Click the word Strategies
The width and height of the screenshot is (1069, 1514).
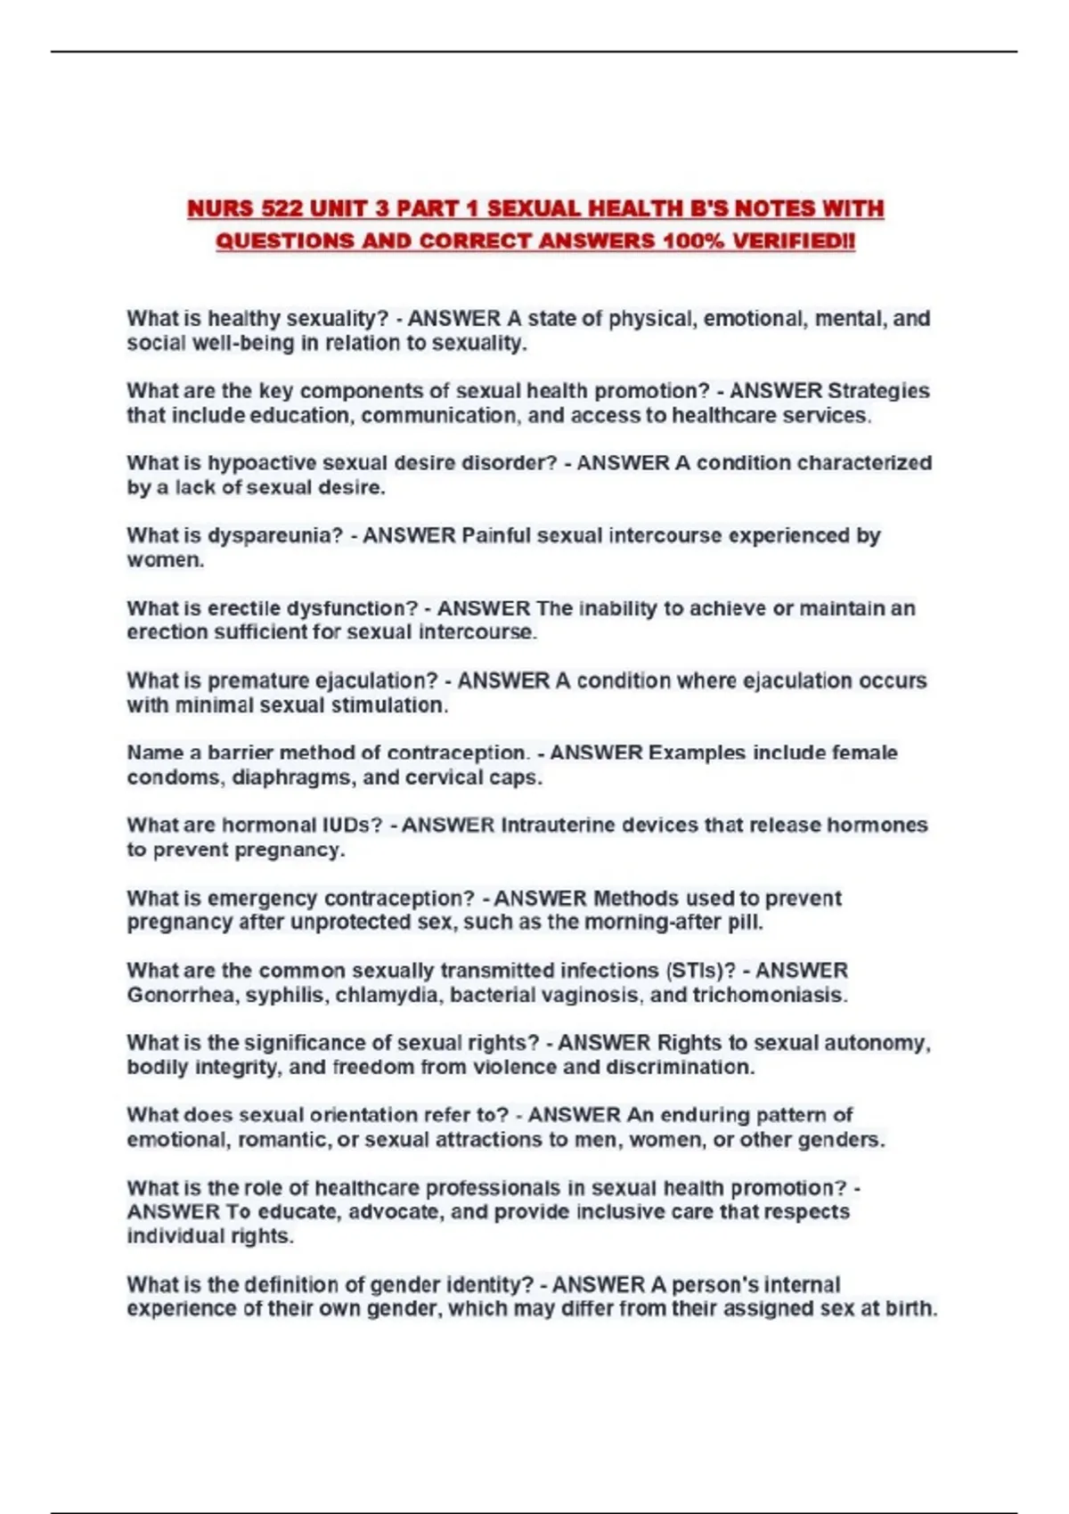(878, 391)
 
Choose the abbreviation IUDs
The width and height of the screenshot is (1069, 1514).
(352, 826)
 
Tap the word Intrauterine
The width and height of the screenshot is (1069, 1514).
(558, 826)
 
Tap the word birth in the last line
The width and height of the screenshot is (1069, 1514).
(911, 1309)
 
